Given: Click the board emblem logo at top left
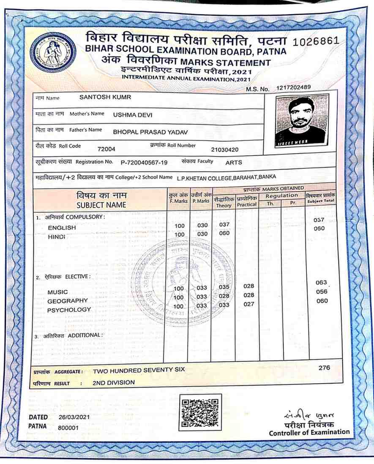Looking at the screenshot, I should click(53, 52).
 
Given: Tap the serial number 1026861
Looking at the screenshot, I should click(316, 41).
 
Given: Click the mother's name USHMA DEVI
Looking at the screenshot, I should click(133, 114).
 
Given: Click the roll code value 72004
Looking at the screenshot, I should click(106, 148).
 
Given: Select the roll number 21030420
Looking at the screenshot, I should click(225, 149).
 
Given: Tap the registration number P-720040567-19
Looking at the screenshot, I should click(144, 162).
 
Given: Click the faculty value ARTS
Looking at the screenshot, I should click(234, 162).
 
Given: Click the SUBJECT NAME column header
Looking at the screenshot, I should click(101, 205).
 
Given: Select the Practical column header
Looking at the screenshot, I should click(246, 205).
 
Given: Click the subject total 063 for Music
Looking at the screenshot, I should click(322, 282).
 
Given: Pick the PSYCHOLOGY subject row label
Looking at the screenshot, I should click(69, 310).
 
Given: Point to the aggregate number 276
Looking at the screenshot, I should click(324, 368).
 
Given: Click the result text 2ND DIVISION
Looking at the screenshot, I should click(114, 382).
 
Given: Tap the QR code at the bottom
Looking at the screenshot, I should click(200, 412).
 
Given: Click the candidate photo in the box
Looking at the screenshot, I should click(300, 120).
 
